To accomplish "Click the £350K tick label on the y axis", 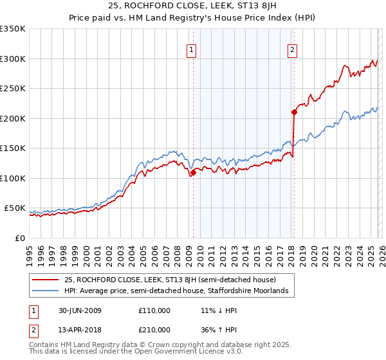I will click(x=13, y=29).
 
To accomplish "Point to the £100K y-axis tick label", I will click(x=13, y=178).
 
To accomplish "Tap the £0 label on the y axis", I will click(x=19, y=238).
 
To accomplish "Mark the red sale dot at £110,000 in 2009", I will click(x=193, y=172).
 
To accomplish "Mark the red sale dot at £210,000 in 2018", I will click(x=294, y=113).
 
